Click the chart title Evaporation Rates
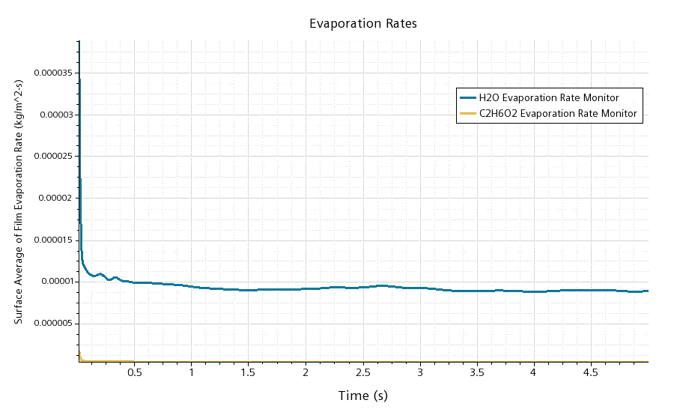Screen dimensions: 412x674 tap(363, 24)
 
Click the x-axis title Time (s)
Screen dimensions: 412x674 tap(363, 396)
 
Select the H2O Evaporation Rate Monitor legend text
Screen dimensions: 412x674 tap(549, 97)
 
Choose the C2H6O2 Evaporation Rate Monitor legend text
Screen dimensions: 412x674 tap(558, 114)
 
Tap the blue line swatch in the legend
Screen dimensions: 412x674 tap(468, 97)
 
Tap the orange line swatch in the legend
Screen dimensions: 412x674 tap(468, 114)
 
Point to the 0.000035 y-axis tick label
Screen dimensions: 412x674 tap(52, 73)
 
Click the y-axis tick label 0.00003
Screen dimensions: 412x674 tap(55, 115)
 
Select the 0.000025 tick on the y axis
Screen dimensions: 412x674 tap(52, 157)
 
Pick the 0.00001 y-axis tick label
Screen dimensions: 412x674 tap(55, 282)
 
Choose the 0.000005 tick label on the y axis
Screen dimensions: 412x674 tap(52, 324)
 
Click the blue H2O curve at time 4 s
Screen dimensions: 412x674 tap(533, 291)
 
